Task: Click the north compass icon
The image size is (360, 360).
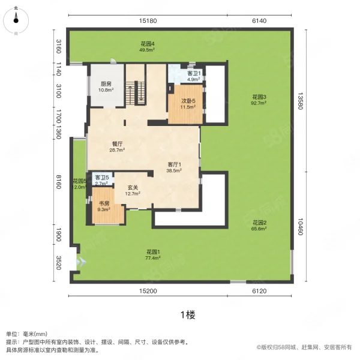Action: coord(16,20)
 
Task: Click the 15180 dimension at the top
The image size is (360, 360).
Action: coord(148,21)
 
